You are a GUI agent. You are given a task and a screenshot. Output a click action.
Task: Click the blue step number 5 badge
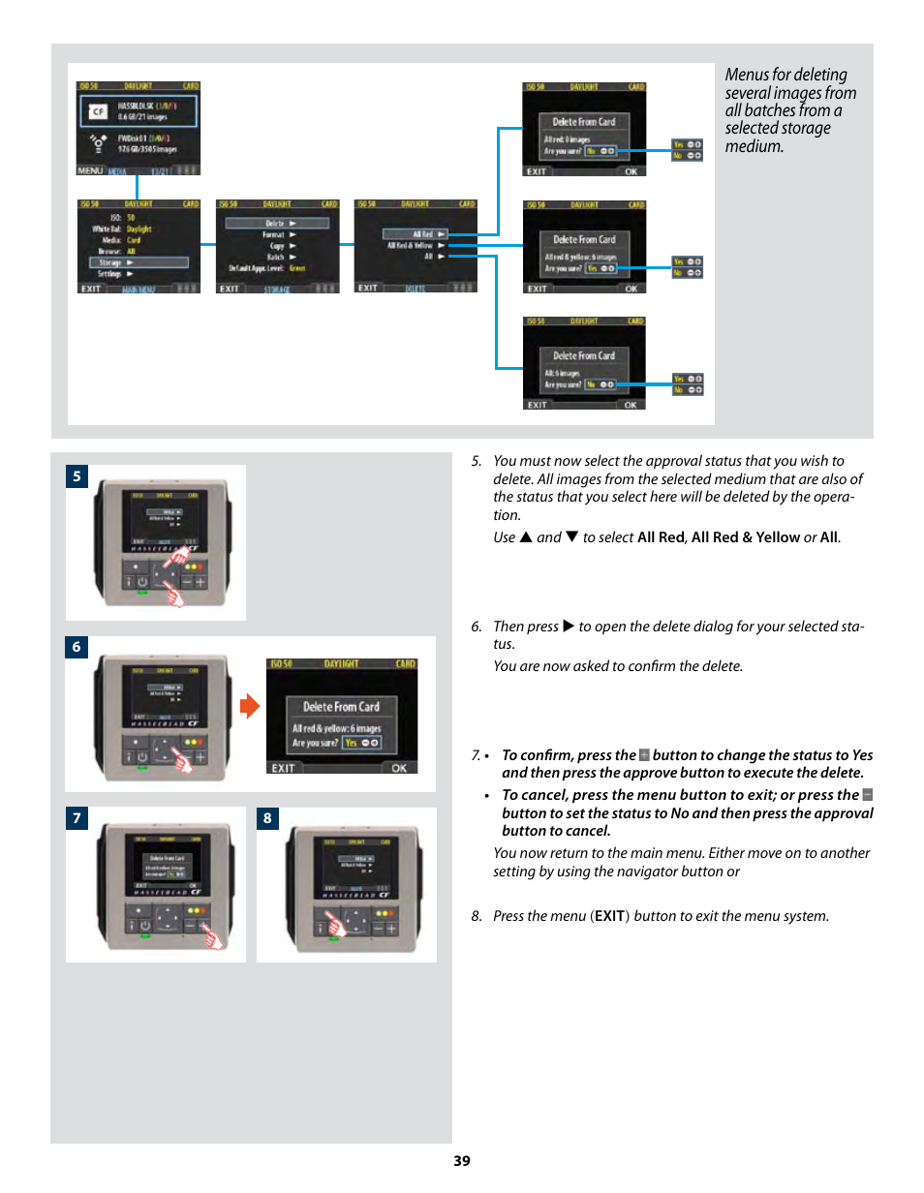(x=77, y=476)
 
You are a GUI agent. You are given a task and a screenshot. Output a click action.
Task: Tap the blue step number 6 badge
(x=77, y=648)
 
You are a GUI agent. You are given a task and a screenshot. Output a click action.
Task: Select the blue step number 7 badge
(x=77, y=818)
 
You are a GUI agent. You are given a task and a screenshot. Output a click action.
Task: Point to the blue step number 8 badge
(x=267, y=818)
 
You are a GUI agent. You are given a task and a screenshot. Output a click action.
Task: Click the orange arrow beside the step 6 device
(x=250, y=707)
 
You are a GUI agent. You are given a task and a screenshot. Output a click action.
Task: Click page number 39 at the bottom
(x=462, y=1160)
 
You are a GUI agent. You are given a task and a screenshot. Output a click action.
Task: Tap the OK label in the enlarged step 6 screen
(x=399, y=768)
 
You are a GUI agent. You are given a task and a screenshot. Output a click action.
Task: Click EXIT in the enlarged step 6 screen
(x=283, y=768)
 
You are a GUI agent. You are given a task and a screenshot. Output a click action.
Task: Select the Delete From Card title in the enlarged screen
(x=341, y=707)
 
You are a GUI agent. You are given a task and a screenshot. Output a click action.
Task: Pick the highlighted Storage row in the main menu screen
(x=138, y=262)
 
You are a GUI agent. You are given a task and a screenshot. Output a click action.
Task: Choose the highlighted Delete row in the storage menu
(x=278, y=223)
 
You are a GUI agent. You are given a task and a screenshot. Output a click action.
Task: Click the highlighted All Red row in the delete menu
(x=415, y=234)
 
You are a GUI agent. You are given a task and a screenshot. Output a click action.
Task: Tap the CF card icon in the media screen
(x=97, y=112)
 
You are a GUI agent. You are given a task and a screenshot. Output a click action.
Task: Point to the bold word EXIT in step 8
(x=610, y=916)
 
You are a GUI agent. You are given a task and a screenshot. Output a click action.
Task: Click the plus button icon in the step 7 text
(x=644, y=755)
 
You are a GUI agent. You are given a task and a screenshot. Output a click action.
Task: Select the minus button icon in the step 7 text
(x=867, y=795)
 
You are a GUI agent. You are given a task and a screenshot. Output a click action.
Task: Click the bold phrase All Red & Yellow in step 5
(x=746, y=537)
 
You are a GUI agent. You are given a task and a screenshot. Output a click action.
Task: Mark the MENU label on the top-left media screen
(x=90, y=170)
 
